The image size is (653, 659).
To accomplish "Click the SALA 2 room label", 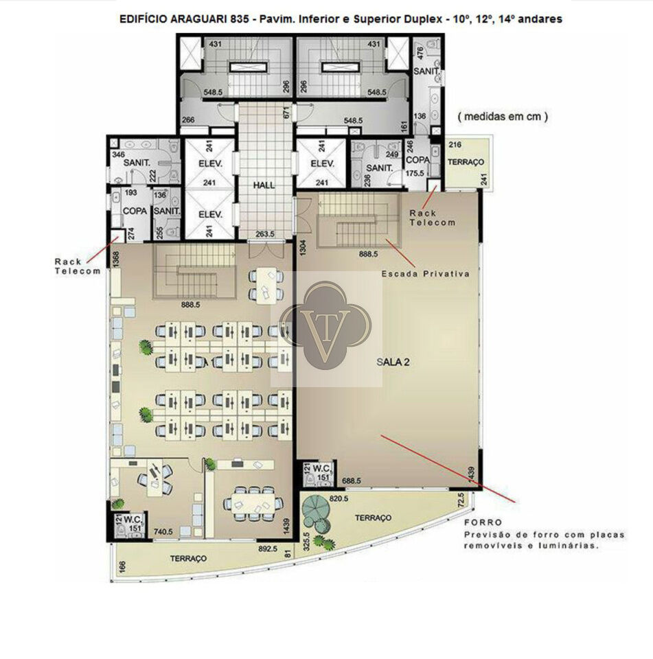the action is [393, 362].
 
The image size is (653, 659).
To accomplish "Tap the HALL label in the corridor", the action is [264, 185].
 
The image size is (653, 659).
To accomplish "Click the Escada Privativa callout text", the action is [425, 274].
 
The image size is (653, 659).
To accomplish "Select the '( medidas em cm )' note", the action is [503, 117].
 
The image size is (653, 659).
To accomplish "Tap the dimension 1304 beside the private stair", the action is [302, 247].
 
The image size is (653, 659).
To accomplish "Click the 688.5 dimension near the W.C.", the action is [352, 481].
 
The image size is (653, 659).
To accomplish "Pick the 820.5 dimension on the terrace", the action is [339, 498].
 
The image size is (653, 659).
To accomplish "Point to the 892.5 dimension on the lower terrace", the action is [267, 548].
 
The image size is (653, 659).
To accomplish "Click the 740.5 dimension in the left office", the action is [163, 531].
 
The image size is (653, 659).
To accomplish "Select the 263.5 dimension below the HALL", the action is [265, 233].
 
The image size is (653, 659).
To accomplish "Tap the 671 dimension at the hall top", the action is [287, 112].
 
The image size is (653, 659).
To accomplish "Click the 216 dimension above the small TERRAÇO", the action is [455, 145].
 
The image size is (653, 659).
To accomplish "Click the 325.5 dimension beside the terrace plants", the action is [306, 542].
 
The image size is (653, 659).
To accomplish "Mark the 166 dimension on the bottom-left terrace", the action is [122, 566].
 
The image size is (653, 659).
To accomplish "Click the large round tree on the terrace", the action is [317, 509].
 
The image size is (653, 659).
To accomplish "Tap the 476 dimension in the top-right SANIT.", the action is [420, 54].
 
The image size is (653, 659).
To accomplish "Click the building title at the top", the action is [341, 19].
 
